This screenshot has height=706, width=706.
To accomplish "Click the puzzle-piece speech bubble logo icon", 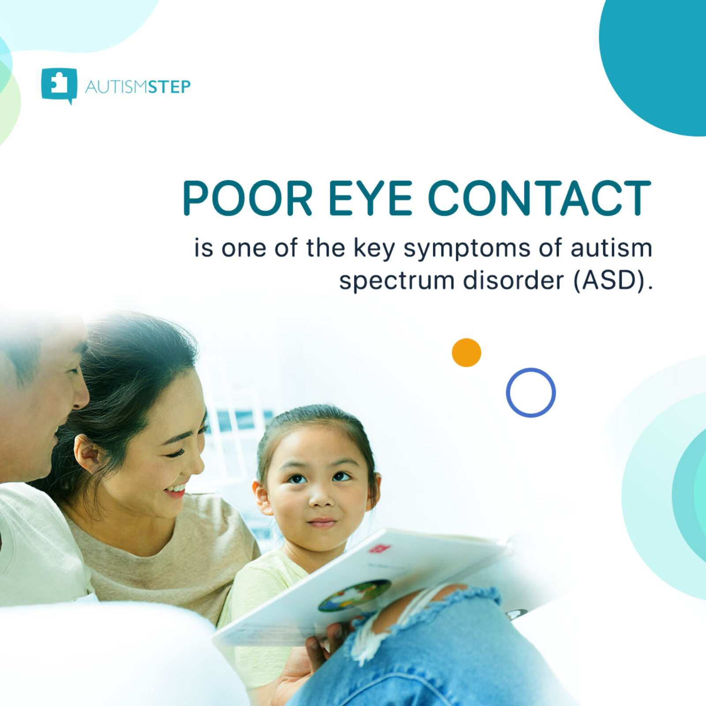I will point(59,85).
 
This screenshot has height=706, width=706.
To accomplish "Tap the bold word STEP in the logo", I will point(169,87).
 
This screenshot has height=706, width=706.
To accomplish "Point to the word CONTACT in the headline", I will point(539,198).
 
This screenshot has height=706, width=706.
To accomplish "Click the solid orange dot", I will point(466,353).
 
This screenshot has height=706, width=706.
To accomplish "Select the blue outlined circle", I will point(530,392).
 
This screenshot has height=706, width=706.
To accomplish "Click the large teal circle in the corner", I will point(657,57).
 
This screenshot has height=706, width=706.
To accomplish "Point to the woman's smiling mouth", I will point(176,491).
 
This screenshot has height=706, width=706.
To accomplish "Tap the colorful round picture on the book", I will point(354,596).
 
